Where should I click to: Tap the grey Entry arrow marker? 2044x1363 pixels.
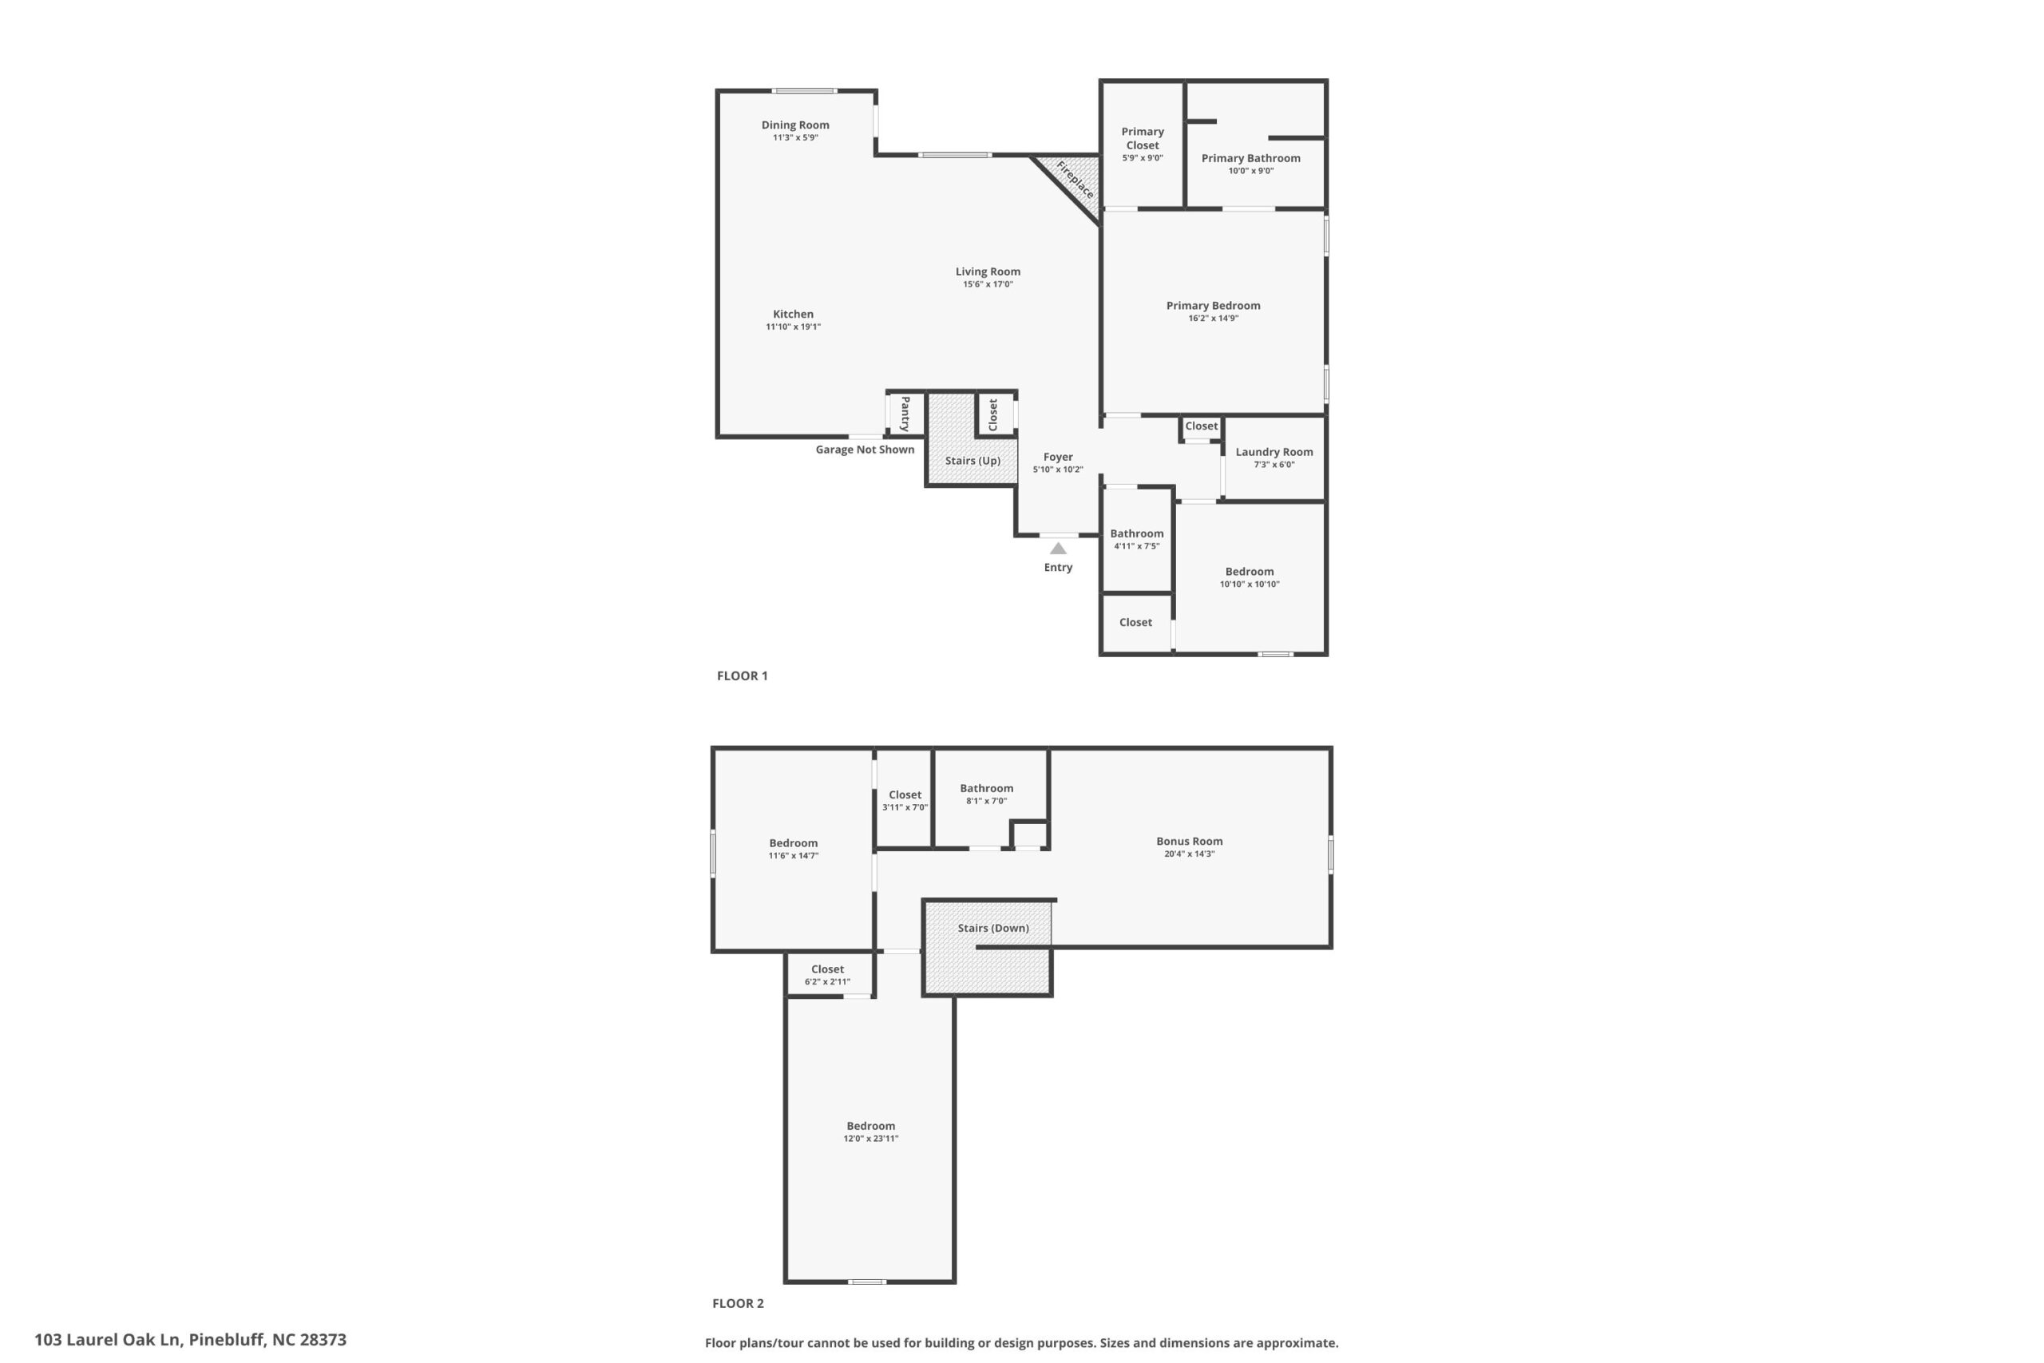(1058, 549)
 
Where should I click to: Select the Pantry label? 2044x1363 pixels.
(905, 414)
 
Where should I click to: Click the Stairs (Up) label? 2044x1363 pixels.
(972, 461)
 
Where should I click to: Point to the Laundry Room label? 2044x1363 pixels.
(1274, 452)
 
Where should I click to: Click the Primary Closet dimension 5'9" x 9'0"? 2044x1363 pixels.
(1142, 158)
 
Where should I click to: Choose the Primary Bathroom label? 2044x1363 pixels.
(1250, 158)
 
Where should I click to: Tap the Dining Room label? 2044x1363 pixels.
(795, 125)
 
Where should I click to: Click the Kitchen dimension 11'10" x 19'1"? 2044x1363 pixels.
(793, 327)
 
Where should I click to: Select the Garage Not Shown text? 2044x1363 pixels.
(865, 450)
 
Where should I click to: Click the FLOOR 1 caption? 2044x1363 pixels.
(743, 676)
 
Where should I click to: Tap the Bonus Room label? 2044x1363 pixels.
(1189, 842)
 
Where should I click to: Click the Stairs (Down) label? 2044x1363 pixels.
(993, 929)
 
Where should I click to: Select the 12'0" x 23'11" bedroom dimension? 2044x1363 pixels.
(871, 1139)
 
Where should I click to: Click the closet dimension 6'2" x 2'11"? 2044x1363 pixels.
(827, 982)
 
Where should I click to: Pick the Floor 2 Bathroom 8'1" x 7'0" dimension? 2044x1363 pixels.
(986, 802)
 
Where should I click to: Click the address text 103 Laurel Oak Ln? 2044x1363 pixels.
(107, 1340)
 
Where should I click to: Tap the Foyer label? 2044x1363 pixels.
(1058, 458)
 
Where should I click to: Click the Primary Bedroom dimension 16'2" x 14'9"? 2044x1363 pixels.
(1213, 318)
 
